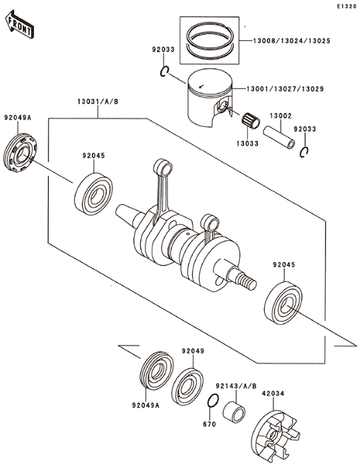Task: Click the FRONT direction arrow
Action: click(x=19, y=25)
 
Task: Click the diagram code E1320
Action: click(x=346, y=6)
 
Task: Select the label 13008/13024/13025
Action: click(x=292, y=40)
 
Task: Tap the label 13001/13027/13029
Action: click(x=286, y=88)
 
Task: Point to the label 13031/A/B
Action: click(x=98, y=102)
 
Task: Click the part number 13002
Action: click(x=280, y=115)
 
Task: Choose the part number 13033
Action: click(x=248, y=143)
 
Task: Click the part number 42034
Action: click(x=273, y=394)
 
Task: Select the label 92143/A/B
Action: click(x=236, y=386)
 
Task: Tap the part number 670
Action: click(x=210, y=425)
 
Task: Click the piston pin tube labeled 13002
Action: click(x=279, y=137)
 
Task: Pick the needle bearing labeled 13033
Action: click(x=251, y=121)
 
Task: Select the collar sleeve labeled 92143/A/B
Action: click(x=234, y=412)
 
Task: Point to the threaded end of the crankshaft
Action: click(x=249, y=282)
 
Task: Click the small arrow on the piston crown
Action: click(x=201, y=86)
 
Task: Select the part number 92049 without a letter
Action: click(x=194, y=351)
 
